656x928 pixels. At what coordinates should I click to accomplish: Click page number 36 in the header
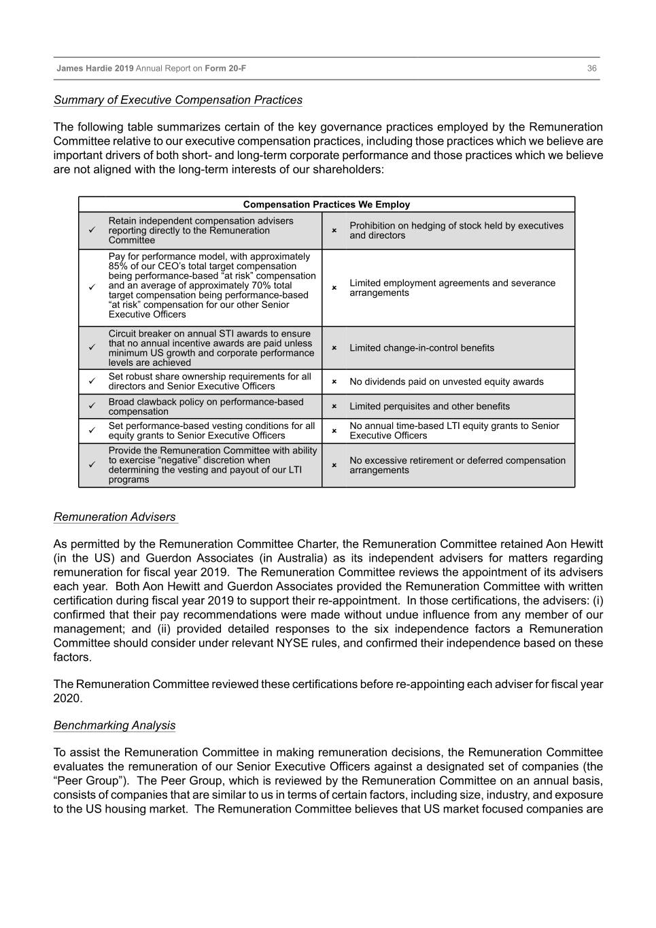(591, 69)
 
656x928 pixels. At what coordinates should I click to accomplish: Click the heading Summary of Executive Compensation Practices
(177, 100)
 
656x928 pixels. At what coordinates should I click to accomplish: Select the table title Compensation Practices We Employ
(326, 205)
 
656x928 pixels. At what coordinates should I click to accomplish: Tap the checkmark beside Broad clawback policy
(92, 407)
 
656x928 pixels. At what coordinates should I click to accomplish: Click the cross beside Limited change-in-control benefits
(334, 348)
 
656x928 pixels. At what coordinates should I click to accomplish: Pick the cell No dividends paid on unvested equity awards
(446, 382)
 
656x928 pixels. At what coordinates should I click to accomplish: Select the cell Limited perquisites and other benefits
(429, 407)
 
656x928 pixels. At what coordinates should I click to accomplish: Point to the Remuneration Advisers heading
(114, 517)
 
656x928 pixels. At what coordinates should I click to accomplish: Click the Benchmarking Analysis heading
(114, 725)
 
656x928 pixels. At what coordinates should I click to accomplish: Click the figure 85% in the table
(119, 267)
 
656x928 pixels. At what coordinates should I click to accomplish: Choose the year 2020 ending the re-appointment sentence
(67, 698)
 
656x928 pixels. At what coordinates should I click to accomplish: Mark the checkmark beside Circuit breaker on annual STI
(92, 348)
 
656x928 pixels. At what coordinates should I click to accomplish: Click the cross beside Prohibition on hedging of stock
(334, 230)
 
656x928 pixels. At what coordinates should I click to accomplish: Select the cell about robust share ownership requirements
(209, 381)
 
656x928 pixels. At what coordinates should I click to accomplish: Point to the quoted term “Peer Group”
(89, 780)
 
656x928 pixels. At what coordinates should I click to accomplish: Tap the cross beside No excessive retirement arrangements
(334, 466)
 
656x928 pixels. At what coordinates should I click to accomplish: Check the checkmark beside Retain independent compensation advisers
(92, 230)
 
